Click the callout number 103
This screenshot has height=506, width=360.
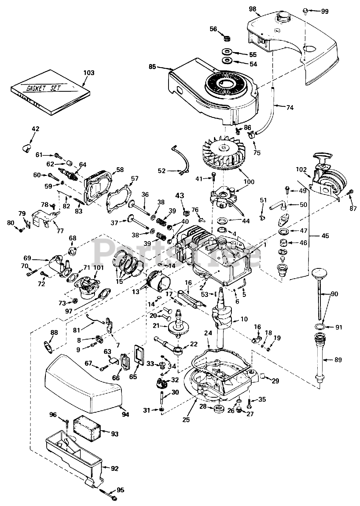pyautogui.click(x=89, y=73)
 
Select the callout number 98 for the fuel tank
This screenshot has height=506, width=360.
pyautogui.click(x=252, y=9)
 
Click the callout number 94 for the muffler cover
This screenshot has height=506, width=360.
pyautogui.click(x=125, y=414)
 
